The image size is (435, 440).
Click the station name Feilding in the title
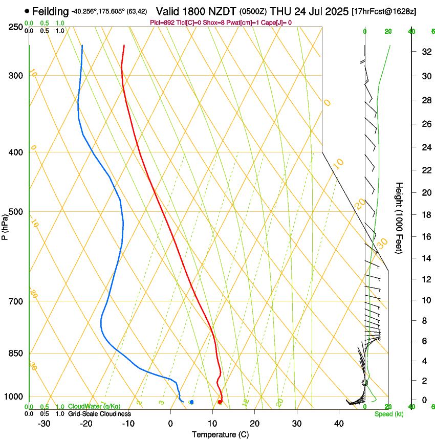pyautogui.click(x=50, y=11)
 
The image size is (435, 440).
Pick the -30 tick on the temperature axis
pyautogui.click(x=43, y=424)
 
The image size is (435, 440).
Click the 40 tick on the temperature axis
pyautogui.click(x=338, y=424)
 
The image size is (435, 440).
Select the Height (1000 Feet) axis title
pyautogui.click(x=399, y=217)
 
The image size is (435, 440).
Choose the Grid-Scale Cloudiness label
pyautogui.click(x=99, y=414)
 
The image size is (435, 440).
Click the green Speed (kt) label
pyautogui.click(x=388, y=414)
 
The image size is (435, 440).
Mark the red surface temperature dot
pyautogui.click(x=220, y=402)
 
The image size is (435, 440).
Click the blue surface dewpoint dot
pyautogui.click(x=191, y=402)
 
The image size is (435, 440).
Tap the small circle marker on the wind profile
pyautogui.click(x=365, y=382)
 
